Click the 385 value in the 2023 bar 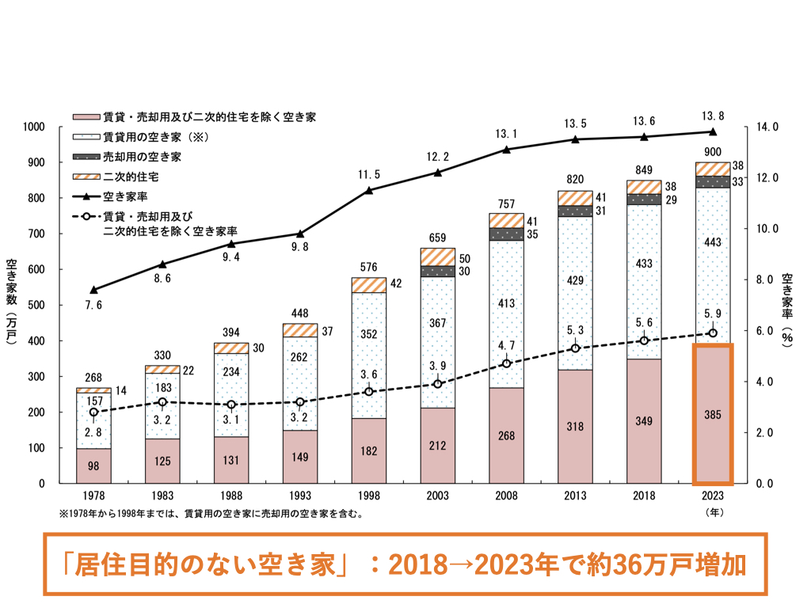[713, 414]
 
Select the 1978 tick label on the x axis [93, 496]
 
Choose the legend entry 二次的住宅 [131, 176]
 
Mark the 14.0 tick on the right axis [768, 127]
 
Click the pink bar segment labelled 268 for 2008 [507, 435]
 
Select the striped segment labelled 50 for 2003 [438, 256]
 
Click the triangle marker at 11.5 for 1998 [369, 190]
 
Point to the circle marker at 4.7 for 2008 [507, 363]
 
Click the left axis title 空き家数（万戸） [13, 305]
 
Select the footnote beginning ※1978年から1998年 [211, 514]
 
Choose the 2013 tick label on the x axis [575, 496]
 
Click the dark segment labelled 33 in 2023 [713, 182]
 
